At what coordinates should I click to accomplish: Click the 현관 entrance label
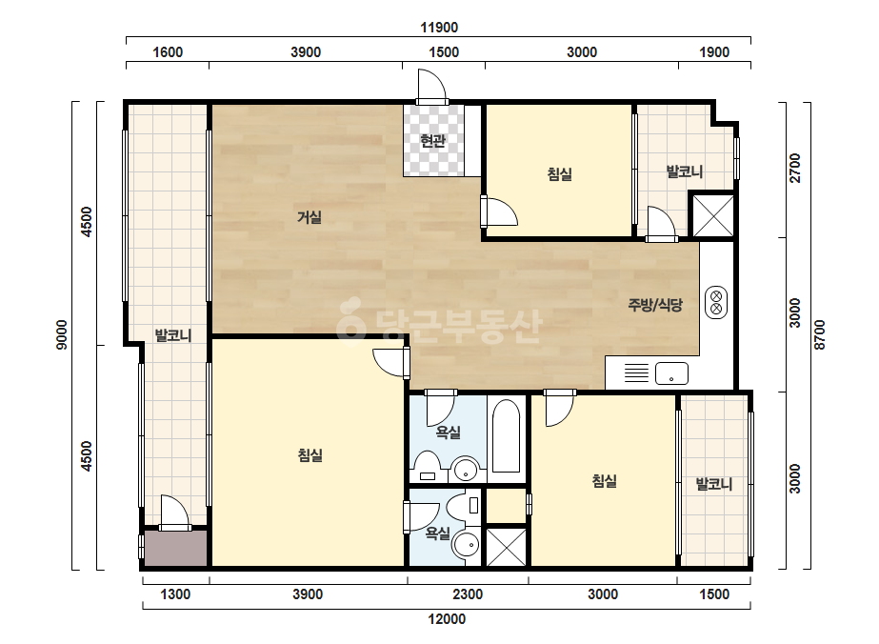(x=432, y=140)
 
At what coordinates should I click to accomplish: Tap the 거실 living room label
(x=310, y=216)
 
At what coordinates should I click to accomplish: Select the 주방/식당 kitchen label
(x=655, y=305)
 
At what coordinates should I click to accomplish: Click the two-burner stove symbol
(x=716, y=302)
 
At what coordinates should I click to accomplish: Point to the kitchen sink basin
(x=671, y=373)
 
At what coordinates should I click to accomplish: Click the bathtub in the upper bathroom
(x=507, y=436)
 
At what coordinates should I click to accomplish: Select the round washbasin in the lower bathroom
(x=467, y=544)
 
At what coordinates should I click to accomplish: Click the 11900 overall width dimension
(x=440, y=27)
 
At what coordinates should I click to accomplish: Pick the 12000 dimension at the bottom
(x=447, y=619)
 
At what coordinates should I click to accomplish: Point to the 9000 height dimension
(x=62, y=335)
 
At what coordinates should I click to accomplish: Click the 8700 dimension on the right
(x=820, y=335)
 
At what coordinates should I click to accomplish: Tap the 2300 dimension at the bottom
(x=468, y=594)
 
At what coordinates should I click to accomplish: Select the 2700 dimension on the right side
(x=795, y=169)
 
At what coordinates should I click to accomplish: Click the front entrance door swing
(x=431, y=86)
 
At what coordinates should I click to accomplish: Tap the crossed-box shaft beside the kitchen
(x=713, y=215)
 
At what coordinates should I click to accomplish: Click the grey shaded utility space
(x=176, y=548)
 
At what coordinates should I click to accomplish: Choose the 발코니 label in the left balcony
(x=173, y=335)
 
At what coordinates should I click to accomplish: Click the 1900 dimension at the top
(x=714, y=52)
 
